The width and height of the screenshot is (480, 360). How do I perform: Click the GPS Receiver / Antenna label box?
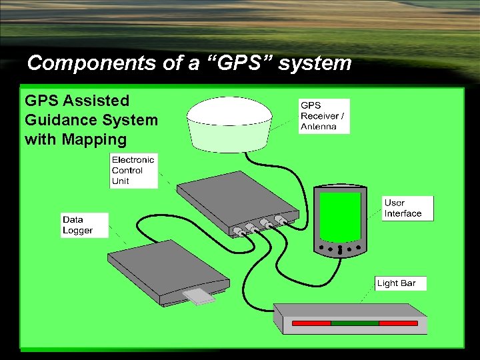pos(324,116)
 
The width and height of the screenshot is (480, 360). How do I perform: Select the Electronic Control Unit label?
pos(133,170)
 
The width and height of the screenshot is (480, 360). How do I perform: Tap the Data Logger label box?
pos(85,225)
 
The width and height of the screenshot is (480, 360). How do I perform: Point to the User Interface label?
pos(407,208)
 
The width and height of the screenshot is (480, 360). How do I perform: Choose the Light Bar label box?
pos(400,283)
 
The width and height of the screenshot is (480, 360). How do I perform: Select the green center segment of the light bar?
pos(355,323)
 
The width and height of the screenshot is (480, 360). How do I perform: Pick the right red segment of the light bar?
pos(399,323)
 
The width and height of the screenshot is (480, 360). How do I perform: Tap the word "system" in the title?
pos(315,63)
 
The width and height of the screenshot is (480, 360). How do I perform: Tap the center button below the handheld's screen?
pos(339,250)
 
